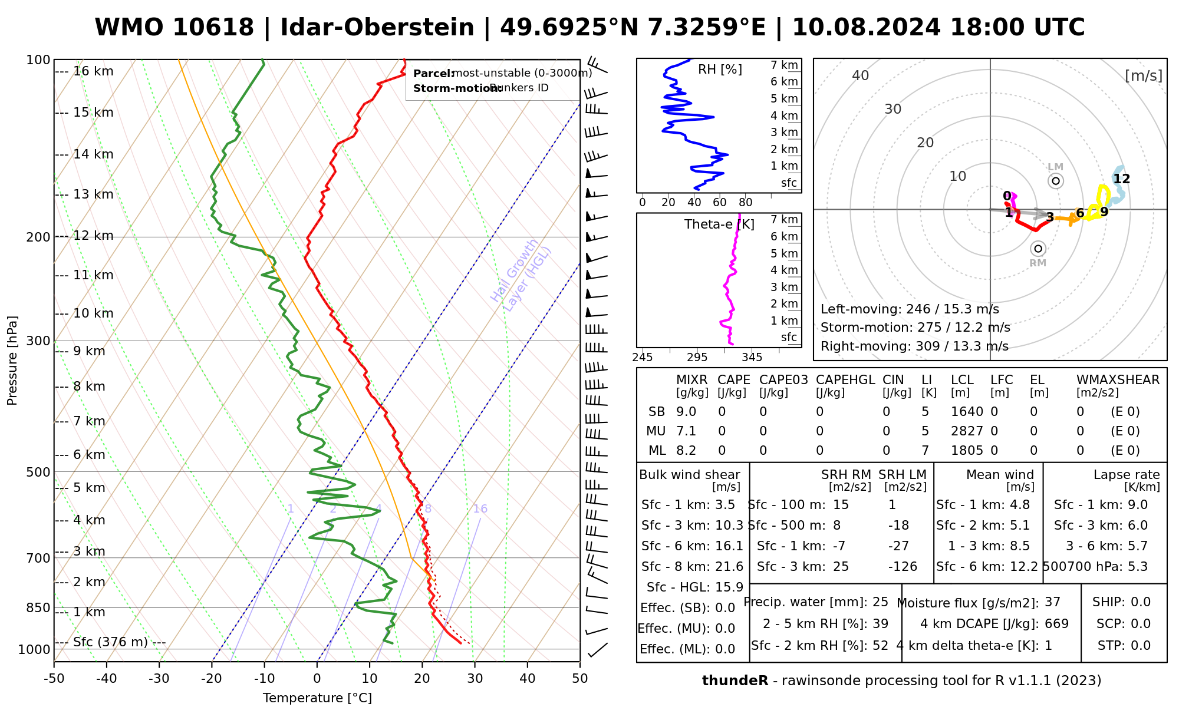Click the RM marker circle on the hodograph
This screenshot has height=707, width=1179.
tap(1038, 249)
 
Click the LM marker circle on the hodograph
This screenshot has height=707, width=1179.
tap(1056, 181)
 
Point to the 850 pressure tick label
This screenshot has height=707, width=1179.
tap(39, 608)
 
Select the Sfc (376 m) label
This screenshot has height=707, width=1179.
tap(110, 642)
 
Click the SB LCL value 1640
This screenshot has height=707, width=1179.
tap(967, 412)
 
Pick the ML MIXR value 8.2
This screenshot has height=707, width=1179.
tap(686, 451)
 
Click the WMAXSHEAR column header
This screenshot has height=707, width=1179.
tap(1118, 380)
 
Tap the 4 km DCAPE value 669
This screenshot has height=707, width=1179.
tap(1056, 623)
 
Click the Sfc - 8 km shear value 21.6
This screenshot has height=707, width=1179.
tap(729, 567)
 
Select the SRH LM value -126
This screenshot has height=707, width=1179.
tap(903, 567)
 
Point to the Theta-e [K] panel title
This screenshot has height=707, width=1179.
tap(719, 224)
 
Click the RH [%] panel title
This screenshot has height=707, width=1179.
tap(720, 70)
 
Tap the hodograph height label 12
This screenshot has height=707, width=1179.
tap(1122, 179)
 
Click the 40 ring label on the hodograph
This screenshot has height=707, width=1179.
tap(861, 75)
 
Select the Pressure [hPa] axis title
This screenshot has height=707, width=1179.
tap(12, 361)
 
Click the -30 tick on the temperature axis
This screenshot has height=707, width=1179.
tap(159, 679)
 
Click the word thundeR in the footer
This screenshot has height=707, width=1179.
tap(735, 681)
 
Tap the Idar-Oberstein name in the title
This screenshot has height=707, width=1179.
tap(377, 28)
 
